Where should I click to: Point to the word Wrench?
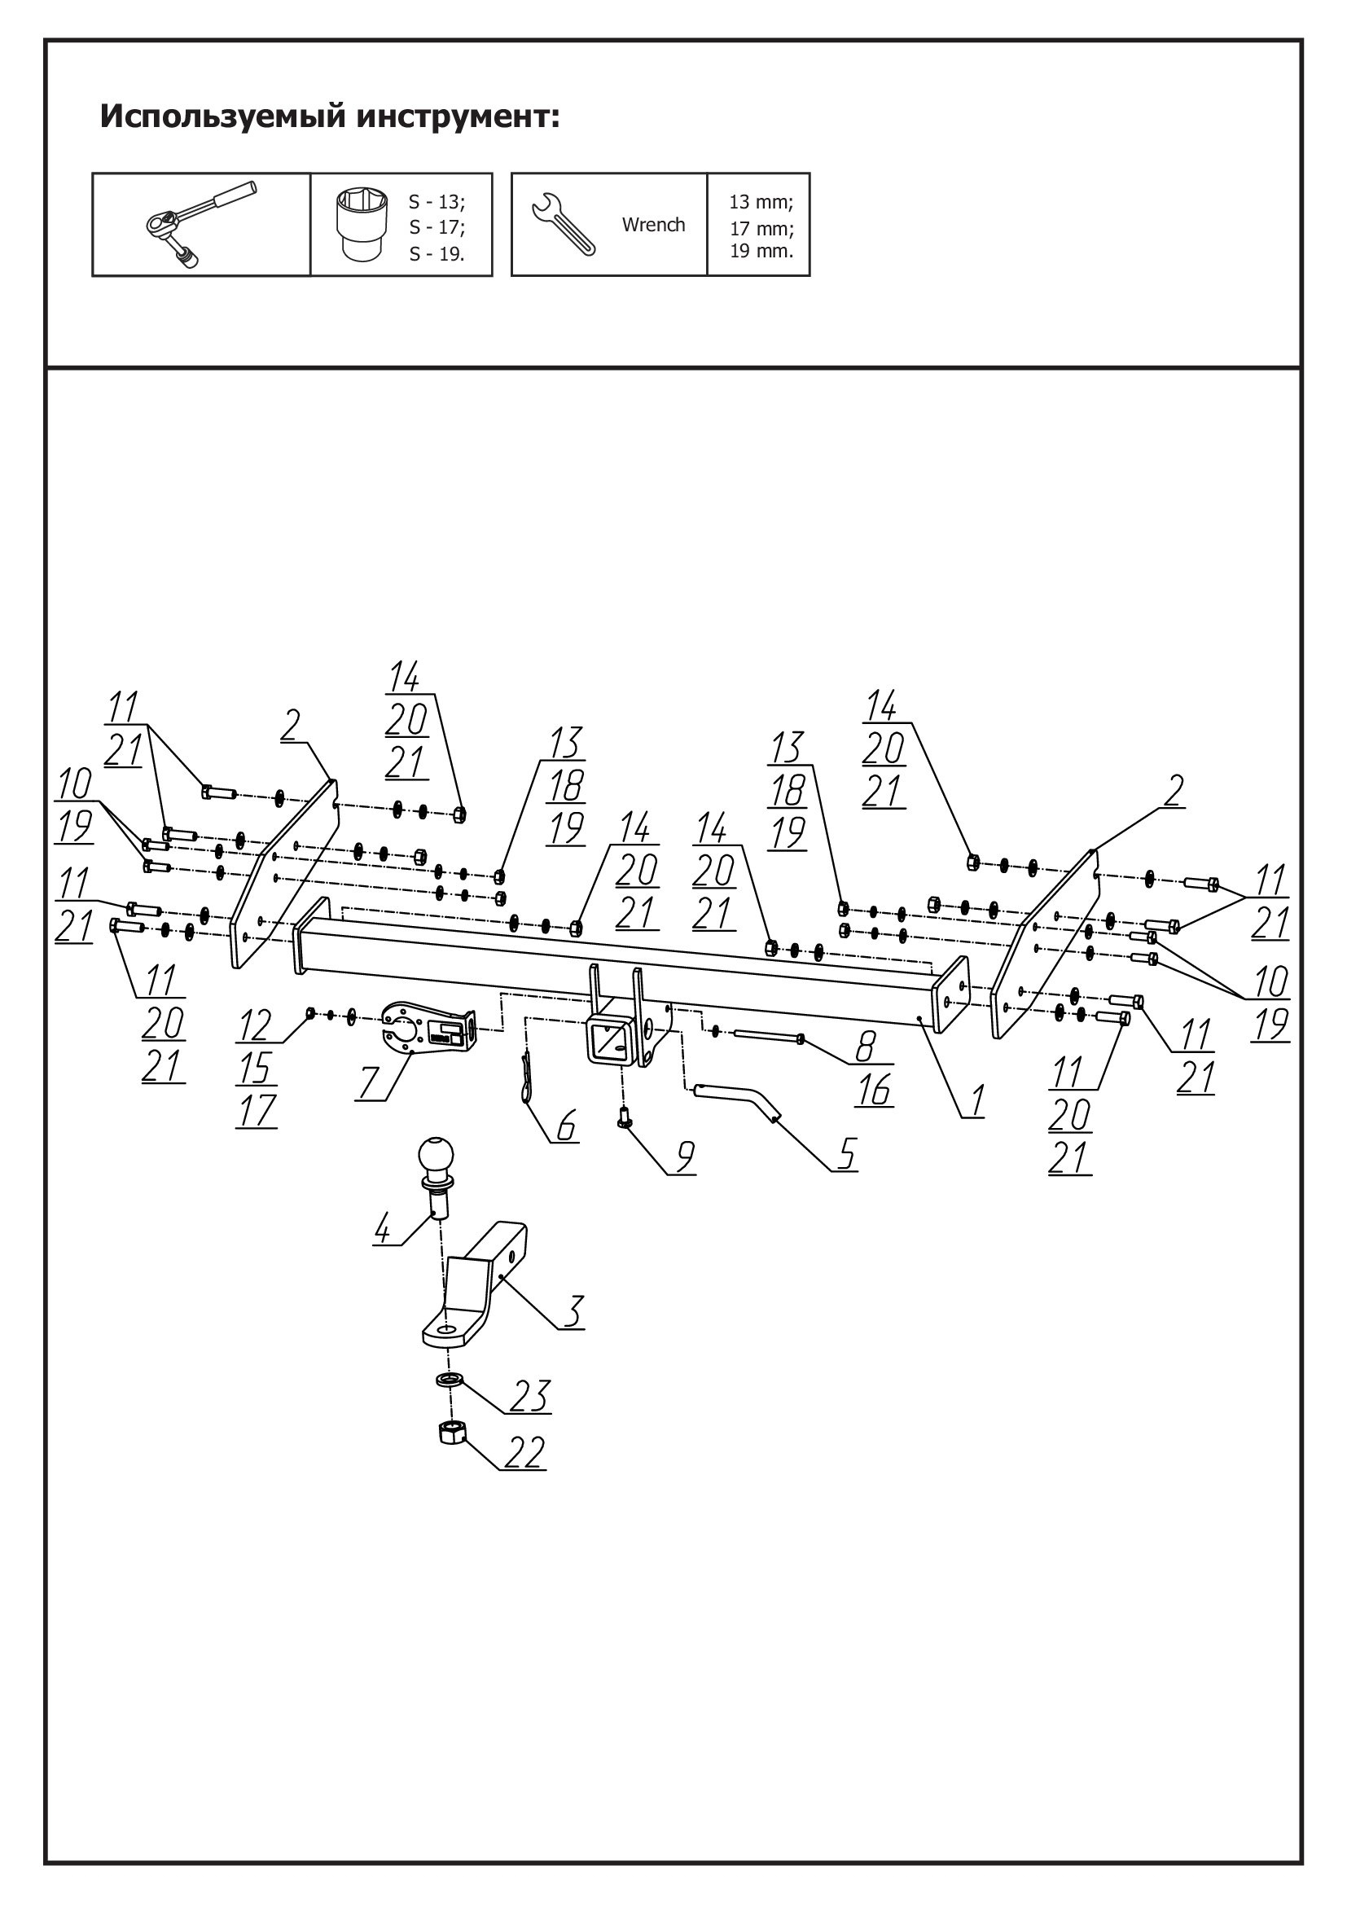pyautogui.click(x=654, y=225)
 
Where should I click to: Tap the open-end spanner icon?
pyautogui.click(x=563, y=224)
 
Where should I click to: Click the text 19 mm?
pyautogui.click(x=761, y=251)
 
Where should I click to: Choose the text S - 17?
pyautogui.click(x=437, y=226)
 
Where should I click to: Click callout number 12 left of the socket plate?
pyautogui.click(x=256, y=1026)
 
